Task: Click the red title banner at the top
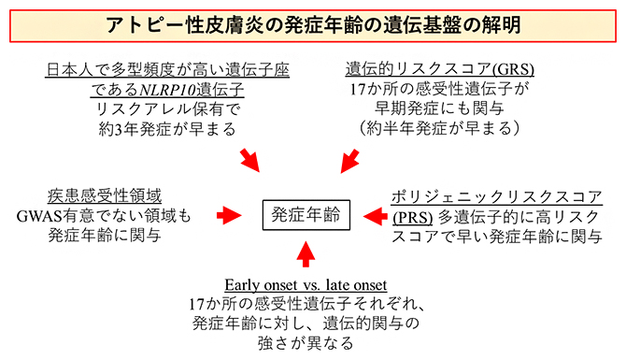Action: pyautogui.click(x=312, y=22)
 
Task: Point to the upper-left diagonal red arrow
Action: pyautogui.click(x=251, y=160)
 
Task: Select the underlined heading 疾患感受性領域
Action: pyautogui.click(x=105, y=196)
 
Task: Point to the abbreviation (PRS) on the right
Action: pyautogui.click(x=410, y=217)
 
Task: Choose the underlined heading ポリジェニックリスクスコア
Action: pyautogui.click(x=494, y=196)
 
